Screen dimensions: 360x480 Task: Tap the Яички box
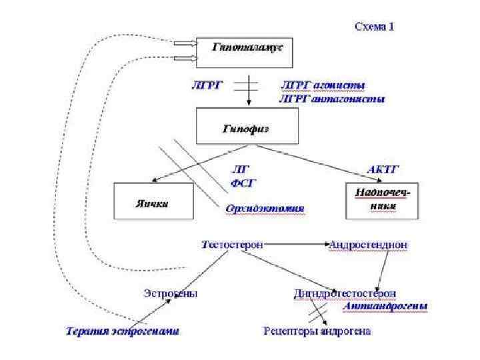tap(153, 201)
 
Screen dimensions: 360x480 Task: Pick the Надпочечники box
tap(383, 200)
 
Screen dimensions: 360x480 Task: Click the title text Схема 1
tap(374, 27)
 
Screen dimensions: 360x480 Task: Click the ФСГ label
tap(243, 182)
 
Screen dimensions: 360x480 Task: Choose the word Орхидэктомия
tap(265, 209)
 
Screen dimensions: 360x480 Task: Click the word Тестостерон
tap(232, 245)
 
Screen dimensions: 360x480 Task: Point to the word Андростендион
tap(368, 245)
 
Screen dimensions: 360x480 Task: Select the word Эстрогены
tap(171, 293)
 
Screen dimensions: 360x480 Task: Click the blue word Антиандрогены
tap(387, 306)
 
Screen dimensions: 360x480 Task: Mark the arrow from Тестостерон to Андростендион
tap(296, 245)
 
